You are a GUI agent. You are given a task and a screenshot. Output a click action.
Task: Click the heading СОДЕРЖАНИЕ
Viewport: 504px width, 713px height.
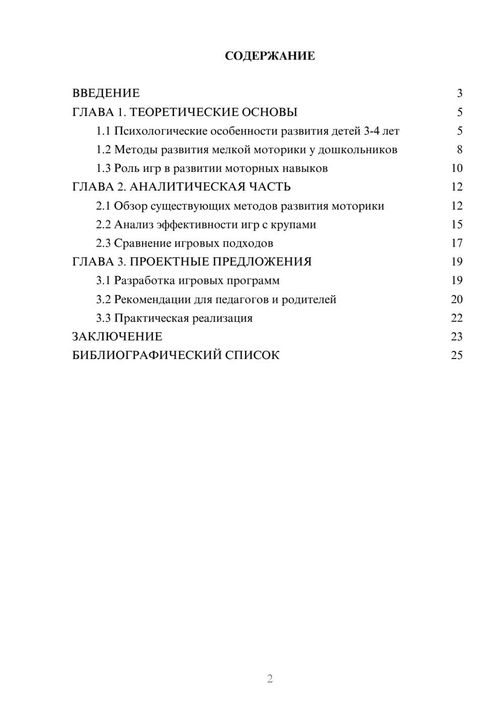[270, 56]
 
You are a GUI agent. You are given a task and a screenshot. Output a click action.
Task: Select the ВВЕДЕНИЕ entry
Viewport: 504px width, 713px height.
[106, 93]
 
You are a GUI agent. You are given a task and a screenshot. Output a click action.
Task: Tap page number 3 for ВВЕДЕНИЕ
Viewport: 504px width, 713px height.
[460, 93]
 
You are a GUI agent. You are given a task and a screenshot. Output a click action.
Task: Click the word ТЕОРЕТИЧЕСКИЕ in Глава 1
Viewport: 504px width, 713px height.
[181, 112]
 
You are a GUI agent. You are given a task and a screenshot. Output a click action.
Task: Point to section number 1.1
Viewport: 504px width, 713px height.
[103, 131]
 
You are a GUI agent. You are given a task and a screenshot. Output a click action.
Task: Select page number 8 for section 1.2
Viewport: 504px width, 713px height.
[460, 150]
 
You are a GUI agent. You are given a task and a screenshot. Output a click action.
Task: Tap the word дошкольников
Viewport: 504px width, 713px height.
[357, 150]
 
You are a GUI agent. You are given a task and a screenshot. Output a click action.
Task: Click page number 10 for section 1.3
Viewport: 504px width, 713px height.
[457, 168]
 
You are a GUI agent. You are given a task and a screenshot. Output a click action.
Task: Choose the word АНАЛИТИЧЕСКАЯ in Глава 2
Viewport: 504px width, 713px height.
[187, 187]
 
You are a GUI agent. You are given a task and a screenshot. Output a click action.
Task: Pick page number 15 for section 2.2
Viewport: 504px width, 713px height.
[457, 225]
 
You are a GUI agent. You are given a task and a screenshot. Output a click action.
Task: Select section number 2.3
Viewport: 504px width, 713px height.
[103, 244]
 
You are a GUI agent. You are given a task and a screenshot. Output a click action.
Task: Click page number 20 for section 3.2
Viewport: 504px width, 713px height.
[457, 300]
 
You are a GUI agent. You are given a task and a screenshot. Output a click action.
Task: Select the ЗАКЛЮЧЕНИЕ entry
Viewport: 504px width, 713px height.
[117, 337]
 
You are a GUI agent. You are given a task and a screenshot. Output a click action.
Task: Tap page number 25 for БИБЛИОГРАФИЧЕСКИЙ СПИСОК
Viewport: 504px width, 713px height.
[457, 355]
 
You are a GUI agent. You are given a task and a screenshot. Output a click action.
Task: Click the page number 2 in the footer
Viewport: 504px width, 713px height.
[270, 679]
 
